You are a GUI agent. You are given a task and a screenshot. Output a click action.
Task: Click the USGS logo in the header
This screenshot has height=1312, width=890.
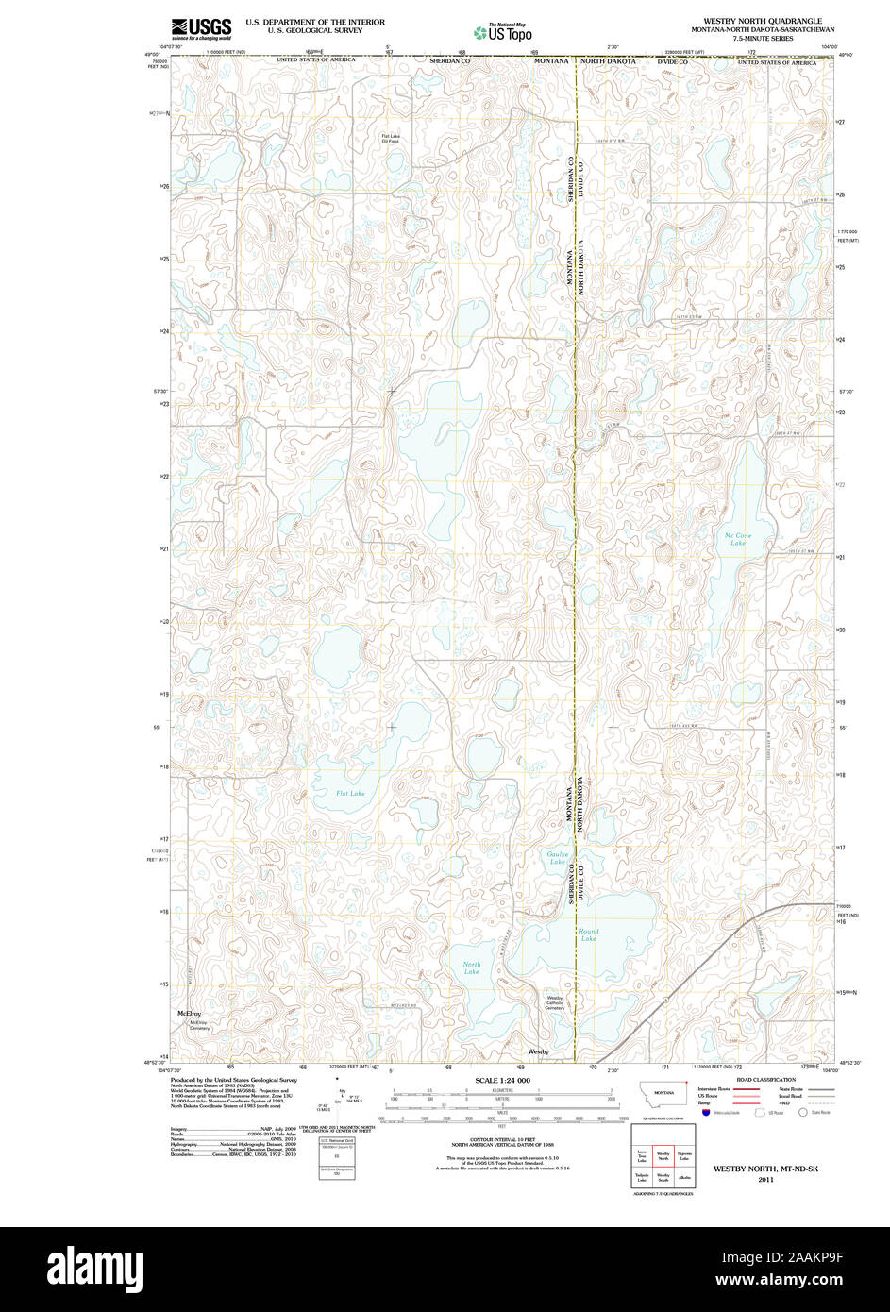pos(201,28)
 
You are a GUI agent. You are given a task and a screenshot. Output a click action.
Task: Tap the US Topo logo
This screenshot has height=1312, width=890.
pos(504,32)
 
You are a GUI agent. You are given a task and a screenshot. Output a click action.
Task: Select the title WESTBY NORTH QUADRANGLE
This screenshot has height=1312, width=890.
pos(762,21)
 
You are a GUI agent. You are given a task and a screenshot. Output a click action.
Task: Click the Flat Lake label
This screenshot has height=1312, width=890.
pos(350,793)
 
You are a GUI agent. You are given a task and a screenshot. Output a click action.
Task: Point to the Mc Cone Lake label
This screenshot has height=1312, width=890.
pos(738,539)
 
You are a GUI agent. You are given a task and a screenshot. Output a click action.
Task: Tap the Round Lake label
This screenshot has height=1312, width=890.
pos(589,934)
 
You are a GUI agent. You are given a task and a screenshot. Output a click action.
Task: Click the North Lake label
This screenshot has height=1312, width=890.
pos(472,967)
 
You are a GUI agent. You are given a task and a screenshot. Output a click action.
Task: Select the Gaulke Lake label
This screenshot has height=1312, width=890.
pos(558,857)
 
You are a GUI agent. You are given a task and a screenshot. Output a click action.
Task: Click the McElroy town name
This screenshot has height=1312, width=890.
pos(190,1013)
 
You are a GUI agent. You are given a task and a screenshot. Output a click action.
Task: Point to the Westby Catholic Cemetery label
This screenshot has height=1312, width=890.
pos(554,1002)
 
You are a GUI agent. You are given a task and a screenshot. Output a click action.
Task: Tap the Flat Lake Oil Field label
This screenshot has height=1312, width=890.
pos(391,139)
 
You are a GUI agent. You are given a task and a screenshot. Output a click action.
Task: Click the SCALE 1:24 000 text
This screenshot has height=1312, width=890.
pos(502,1080)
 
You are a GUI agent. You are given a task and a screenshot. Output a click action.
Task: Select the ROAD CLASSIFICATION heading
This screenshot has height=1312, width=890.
pos(765,1079)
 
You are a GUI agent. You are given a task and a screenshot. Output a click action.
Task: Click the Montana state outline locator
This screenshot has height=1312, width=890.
pos(663,1093)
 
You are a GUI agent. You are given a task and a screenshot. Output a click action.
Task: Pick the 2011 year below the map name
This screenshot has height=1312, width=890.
pos(764,1179)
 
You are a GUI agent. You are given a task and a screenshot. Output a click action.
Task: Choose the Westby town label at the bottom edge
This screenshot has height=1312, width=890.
pos(538,1051)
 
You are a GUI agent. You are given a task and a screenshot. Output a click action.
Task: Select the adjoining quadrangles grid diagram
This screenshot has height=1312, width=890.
pos(663,1156)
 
